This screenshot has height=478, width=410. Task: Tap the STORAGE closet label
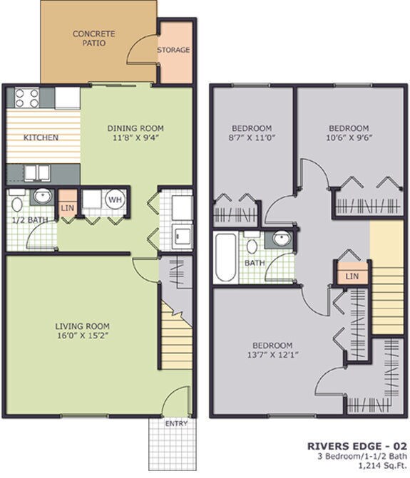pyautogui.click(x=174, y=50)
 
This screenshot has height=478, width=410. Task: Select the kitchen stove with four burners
pyautogui.click(x=24, y=97)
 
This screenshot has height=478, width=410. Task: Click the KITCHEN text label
pyautogui.click(x=41, y=137)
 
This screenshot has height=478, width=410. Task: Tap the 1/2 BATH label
pyautogui.click(x=29, y=220)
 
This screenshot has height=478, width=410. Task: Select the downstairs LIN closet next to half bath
pyautogui.click(x=68, y=207)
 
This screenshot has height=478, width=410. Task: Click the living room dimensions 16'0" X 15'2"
pyautogui.click(x=82, y=334)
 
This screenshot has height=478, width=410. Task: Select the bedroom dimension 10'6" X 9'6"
pyautogui.click(x=349, y=138)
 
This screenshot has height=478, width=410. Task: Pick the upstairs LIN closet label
pyautogui.click(x=351, y=276)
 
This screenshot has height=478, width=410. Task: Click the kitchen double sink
pyautogui.click(x=34, y=172)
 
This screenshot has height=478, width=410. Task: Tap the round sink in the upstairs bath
pyautogui.click(x=280, y=239)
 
